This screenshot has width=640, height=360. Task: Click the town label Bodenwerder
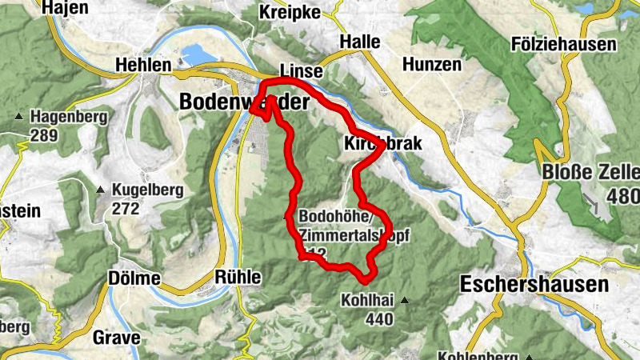click(x=244, y=102)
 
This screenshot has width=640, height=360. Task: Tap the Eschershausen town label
click(x=534, y=284)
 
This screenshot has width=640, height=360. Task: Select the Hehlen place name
click(x=143, y=65)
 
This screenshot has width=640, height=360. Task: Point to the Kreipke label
click(x=290, y=12)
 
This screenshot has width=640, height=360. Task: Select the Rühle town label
click(x=238, y=277)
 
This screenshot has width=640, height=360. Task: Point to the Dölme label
click(x=134, y=278)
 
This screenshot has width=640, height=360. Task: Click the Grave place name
click(x=116, y=337)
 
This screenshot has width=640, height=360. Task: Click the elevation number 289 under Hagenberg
click(x=45, y=135)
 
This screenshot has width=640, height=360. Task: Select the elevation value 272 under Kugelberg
click(x=127, y=209)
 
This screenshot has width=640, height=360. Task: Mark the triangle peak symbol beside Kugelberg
click(x=100, y=190)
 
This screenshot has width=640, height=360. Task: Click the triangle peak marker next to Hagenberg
click(x=19, y=117)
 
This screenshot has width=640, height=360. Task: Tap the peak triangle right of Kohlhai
click(x=404, y=301)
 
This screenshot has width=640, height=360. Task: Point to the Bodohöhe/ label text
click(x=336, y=217)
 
